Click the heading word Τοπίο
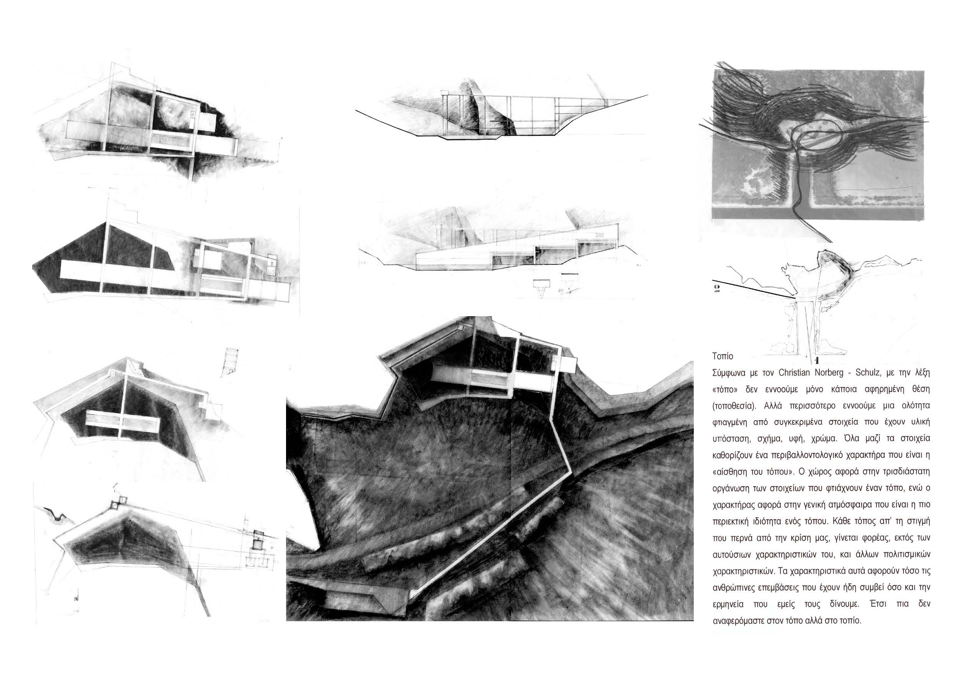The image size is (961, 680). tap(723, 357)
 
